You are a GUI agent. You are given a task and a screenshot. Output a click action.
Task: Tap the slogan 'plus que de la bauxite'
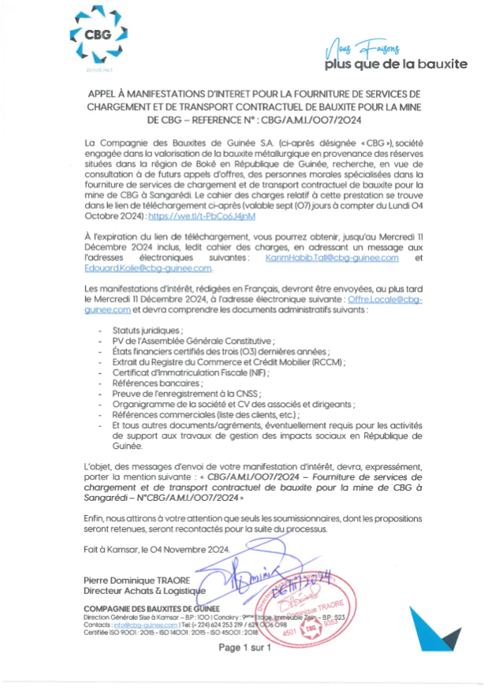pyautogui.click(x=396, y=64)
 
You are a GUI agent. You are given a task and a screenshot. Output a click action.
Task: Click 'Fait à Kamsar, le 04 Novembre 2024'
pyautogui.click(x=155, y=549)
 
